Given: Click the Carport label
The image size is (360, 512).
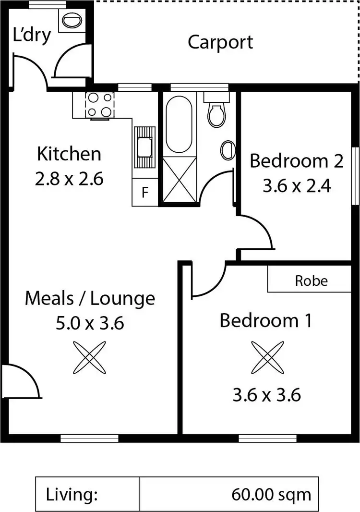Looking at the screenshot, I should (220, 42).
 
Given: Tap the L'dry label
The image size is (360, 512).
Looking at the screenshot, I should (32, 35).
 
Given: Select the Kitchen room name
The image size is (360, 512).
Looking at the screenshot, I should (69, 155).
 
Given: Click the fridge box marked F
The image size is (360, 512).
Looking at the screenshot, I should (144, 193).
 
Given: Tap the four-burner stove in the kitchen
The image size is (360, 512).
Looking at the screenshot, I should (100, 105).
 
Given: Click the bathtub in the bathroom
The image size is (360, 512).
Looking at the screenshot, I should (179, 124).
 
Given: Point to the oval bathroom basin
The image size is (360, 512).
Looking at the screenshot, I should (228, 150).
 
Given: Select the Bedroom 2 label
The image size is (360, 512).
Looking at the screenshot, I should (297, 161).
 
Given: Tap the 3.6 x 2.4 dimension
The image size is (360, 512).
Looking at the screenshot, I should (297, 185).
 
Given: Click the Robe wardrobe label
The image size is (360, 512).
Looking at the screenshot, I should (312, 280).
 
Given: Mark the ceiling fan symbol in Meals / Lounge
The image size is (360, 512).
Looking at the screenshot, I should (89, 357).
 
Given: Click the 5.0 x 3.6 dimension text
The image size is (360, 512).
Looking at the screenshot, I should (90, 323).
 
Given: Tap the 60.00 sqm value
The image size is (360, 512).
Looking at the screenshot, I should (271, 494).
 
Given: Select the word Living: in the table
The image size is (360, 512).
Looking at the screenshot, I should (72, 494).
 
